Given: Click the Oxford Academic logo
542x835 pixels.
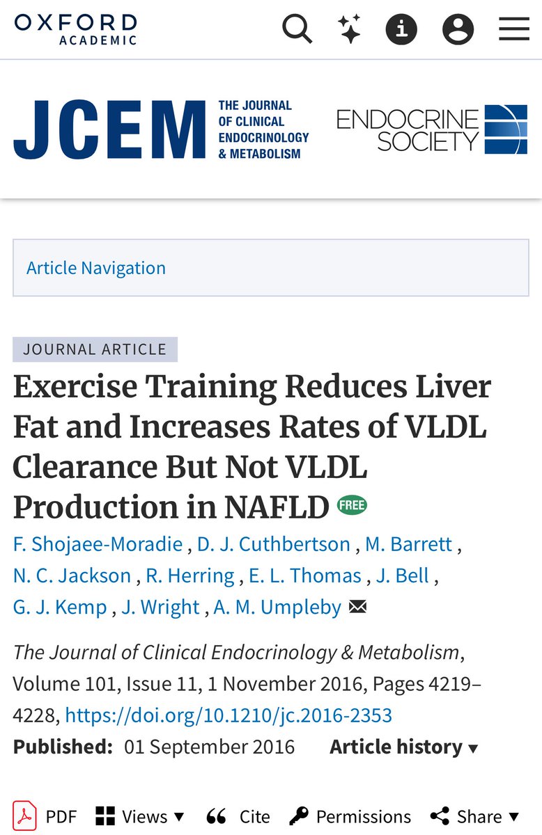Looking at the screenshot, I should click(x=75, y=29).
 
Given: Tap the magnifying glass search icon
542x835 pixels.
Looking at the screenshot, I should click(x=297, y=29).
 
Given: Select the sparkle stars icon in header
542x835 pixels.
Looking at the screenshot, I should click(x=349, y=29).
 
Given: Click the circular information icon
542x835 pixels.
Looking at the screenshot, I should click(x=401, y=29).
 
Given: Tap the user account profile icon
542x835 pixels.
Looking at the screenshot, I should click(x=458, y=29).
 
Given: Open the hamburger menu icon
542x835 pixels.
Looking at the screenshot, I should click(x=514, y=29).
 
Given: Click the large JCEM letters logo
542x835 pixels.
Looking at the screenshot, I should click(x=109, y=129).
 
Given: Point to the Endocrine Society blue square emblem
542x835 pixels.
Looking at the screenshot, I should click(x=506, y=129).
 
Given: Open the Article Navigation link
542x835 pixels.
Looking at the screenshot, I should click(x=96, y=268).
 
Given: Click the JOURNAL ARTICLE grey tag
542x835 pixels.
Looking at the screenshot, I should click(x=95, y=349).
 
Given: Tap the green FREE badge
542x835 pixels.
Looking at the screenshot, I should click(x=352, y=505).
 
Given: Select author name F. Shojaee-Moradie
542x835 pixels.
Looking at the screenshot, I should click(x=98, y=544).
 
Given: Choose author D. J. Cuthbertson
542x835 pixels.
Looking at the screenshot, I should click(x=273, y=544).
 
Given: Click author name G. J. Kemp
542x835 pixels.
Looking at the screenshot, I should click(x=60, y=607).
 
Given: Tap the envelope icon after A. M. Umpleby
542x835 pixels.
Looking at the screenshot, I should click(x=357, y=607).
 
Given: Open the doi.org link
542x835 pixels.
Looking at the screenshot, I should click(x=229, y=715).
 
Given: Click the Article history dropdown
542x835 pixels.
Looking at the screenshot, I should click(x=404, y=747).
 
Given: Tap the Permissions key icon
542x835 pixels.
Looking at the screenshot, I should click(x=299, y=816).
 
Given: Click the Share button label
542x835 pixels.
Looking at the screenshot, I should click(x=479, y=816).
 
